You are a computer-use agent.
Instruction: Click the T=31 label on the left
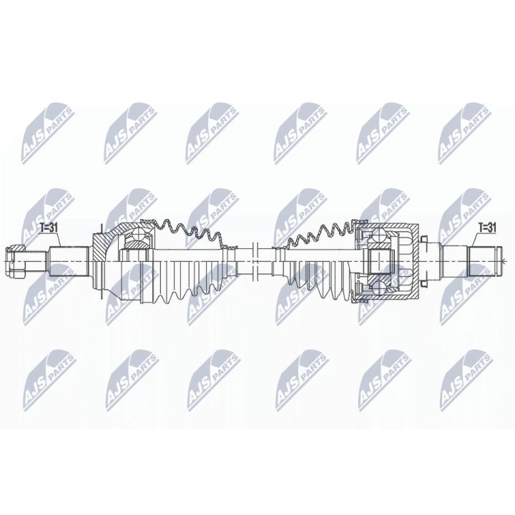tap(50, 228)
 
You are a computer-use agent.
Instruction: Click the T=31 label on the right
tap(486, 227)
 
